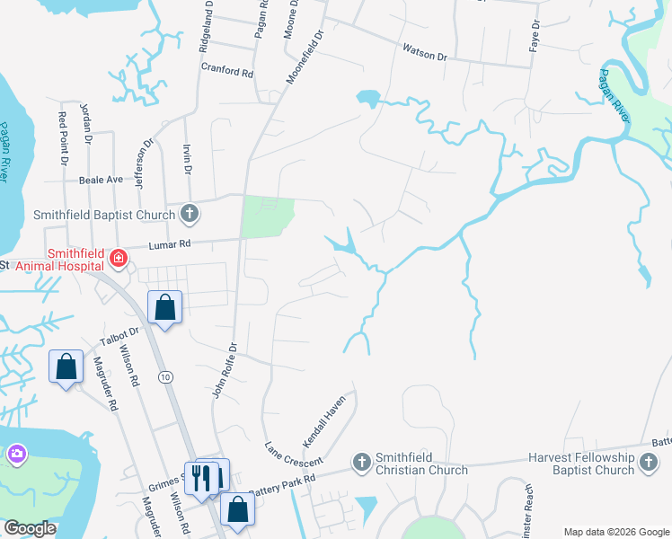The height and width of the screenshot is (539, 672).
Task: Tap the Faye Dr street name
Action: point(535,34)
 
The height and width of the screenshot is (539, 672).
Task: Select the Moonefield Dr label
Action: point(304,56)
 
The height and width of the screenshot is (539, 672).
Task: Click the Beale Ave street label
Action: point(101,180)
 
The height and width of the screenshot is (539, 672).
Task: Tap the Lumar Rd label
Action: point(171,243)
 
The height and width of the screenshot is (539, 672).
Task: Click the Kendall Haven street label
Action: point(324,422)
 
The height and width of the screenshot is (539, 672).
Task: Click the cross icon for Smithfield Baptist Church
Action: point(189,214)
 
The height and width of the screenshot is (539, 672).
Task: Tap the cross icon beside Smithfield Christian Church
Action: point(361,463)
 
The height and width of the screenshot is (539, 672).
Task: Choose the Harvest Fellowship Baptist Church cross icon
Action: point(647,463)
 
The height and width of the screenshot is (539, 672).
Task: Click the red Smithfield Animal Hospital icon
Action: point(117,260)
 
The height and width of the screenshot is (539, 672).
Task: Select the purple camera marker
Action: point(16,455)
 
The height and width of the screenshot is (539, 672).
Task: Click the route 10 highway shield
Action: point(165,378)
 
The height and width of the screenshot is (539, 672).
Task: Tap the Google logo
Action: point(29,527)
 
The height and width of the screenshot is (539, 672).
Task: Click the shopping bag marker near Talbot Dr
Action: point(165,308)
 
